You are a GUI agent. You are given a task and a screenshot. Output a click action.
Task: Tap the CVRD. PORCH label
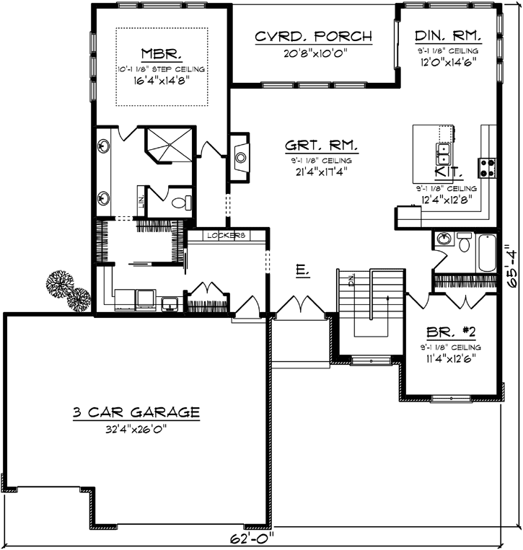click(x=314, y=36)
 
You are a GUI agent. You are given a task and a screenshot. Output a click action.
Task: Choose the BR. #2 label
click(x=449, y=332)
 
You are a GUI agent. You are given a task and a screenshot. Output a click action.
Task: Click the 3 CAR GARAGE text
click(x=136, y=412)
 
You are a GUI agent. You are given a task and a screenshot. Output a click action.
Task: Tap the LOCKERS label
click(x=226, y=236)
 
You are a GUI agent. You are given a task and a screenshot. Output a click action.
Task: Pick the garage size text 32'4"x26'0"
click(x=136, y=427)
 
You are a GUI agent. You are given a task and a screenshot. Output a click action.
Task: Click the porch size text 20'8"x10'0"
click(x=314, y=52)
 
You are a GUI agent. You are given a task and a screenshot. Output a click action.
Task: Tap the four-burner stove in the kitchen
click(x=488, y=167)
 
